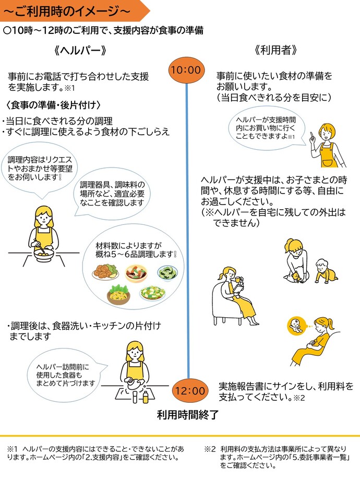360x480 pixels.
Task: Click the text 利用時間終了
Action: [187, 415]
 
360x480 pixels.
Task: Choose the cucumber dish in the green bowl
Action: [169, 272]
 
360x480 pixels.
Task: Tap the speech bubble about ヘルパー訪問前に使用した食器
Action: [64, 375]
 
